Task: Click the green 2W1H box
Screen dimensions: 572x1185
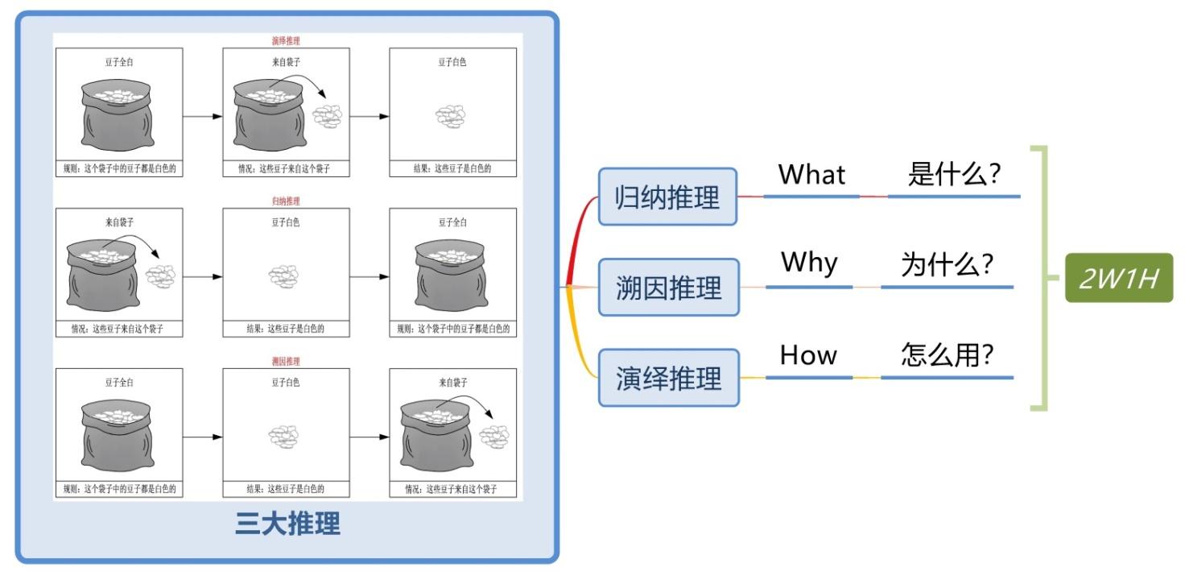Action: click(1119, 278)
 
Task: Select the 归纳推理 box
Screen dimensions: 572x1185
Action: click(667, 197)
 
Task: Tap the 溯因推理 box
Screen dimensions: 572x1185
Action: click(668, 288)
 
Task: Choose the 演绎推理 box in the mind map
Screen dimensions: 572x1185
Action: click(668, 378)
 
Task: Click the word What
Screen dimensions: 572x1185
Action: click(811, 174)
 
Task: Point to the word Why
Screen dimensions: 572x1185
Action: click(809, 263)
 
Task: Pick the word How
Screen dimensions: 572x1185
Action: click(808, 355)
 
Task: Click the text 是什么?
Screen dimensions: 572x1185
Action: click(954, 174)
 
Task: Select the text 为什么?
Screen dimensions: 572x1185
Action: click(947, 264)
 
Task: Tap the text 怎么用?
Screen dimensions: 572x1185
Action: click(947, 355)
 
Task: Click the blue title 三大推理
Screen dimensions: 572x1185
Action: click(287, 524)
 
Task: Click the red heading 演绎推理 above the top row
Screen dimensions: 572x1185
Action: click(286, 40)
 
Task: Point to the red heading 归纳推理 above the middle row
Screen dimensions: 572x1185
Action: click(286, 201)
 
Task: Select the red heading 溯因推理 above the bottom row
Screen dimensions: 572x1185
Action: click(286, 362)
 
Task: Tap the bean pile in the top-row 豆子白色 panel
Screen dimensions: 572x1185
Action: click(452, 117)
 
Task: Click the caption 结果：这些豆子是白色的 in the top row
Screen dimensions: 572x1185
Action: click(452, 169)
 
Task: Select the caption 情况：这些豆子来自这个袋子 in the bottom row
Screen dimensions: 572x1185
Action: click(452, 489)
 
